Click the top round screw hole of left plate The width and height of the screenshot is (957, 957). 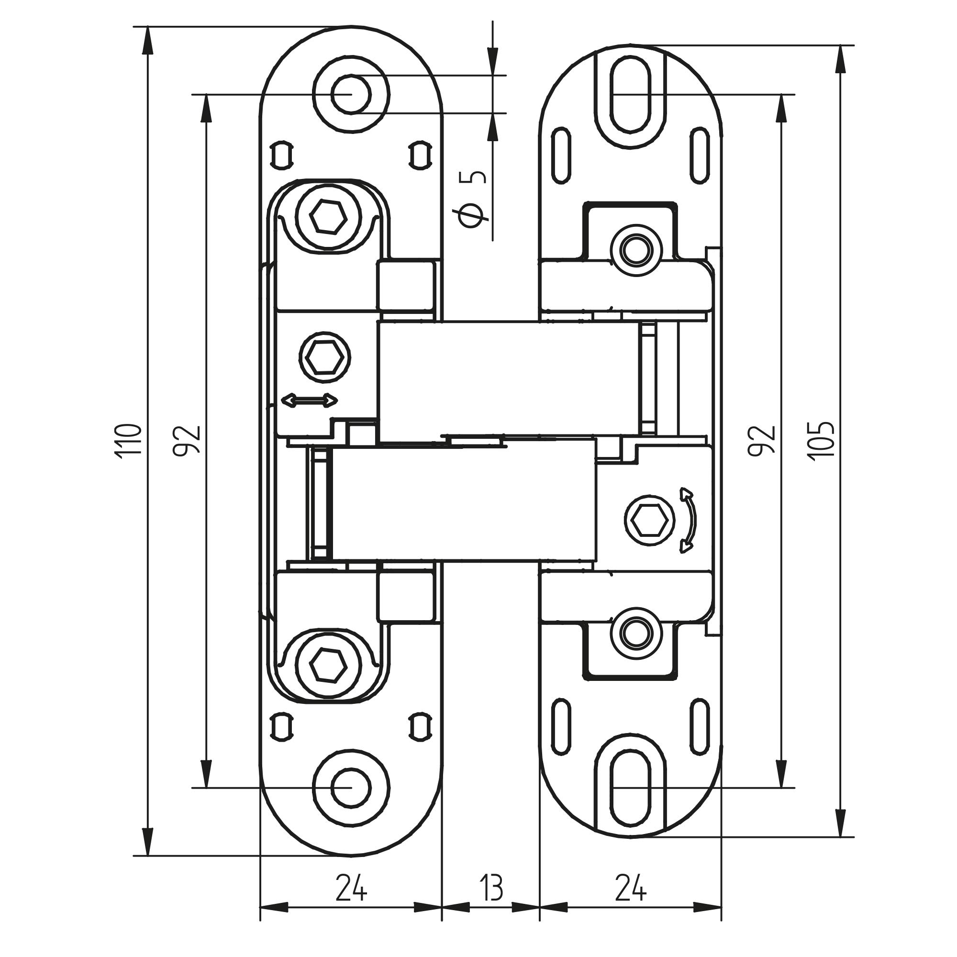coord(351,94)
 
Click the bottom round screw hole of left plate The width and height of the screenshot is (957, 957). coord(351,787)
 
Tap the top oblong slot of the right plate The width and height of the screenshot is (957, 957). coord(630,94)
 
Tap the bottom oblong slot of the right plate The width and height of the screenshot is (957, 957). coord(630,787)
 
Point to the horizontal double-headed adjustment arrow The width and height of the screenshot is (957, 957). coord(309,400)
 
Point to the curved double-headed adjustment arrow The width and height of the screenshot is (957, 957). coord(689,520)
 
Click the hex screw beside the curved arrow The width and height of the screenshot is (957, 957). coord(649,521)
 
